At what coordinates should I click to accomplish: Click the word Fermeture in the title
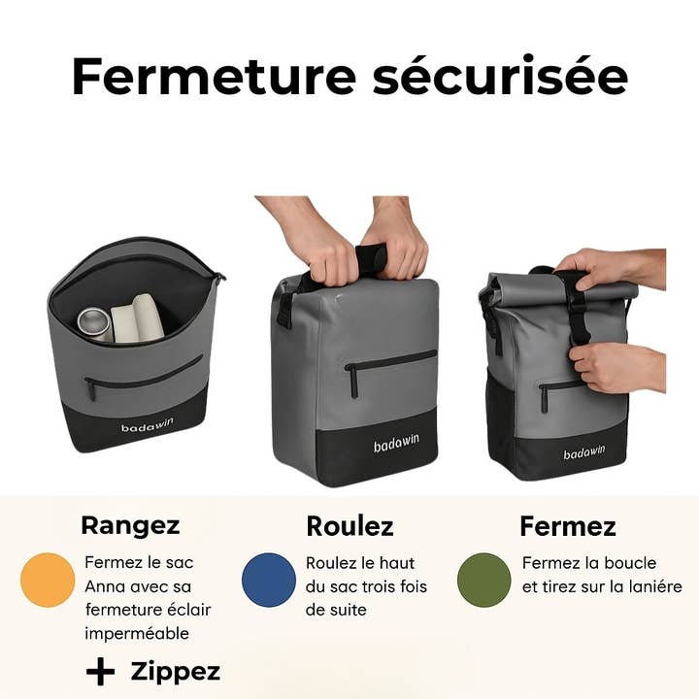(x=214, y=76)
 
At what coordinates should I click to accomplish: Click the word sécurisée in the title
(x=501, y=75)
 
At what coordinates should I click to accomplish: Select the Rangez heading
(x=130, y=526)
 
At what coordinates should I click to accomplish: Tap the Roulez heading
(x=349, y=526)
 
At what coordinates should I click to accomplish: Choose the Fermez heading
(x=568, y=526)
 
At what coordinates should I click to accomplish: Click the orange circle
(x=48, y=580)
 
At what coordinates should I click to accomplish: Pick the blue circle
(x=269, y=580)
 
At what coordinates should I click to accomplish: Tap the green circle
(x=484, y=580)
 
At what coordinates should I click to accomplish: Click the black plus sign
(x=100, y=672)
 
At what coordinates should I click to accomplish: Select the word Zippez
(x=176, y=672)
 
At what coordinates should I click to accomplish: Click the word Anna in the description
(x=106, y=586)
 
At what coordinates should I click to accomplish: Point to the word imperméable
(x=137, y=634)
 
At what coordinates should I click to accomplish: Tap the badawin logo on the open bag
(x=148, y=425)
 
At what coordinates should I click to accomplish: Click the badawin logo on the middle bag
(x=396, y=443)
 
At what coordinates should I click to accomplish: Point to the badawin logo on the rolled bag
(x=584, y=452)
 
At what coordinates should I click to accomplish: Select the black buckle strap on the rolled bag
(x=577, y=308)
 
